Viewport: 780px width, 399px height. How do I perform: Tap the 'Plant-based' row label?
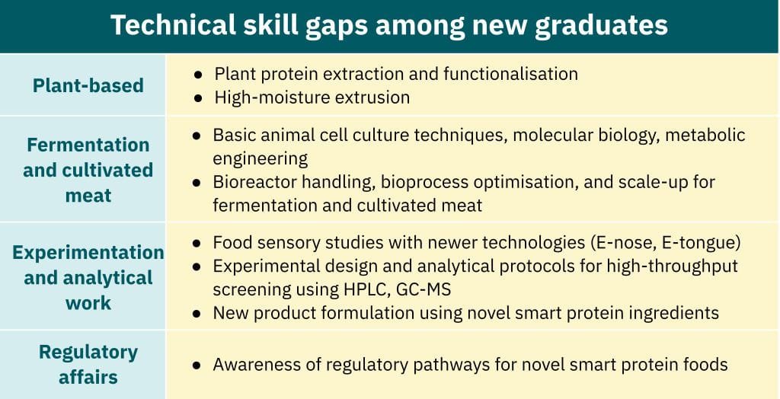pyautogui.click(x=88, y=85)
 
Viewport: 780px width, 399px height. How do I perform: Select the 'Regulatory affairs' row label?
pyautogui.click(x=88, y=365)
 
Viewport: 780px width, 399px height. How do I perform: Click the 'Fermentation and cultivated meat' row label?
pyautogui.click(x=88, y=170)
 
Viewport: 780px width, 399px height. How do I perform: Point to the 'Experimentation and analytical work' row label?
pyautogui.click(x=88, y=277)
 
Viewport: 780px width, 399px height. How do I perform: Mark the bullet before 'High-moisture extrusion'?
pyautogui.click(x=197, y=97)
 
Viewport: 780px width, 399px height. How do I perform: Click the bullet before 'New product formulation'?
pyautogui.click(x=197, y=313)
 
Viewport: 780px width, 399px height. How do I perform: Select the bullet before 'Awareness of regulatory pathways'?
pyautogui.click(x=197, y=365)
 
